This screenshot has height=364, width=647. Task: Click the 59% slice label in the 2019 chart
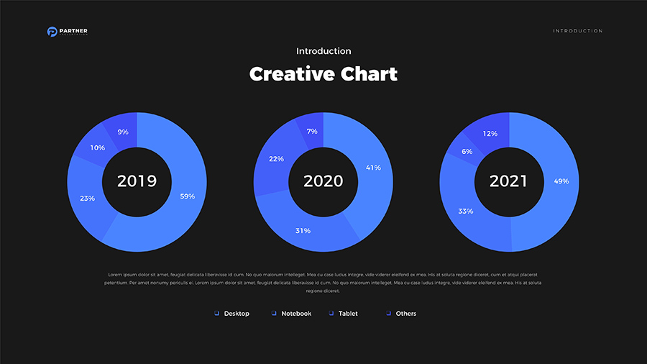coord(187,196)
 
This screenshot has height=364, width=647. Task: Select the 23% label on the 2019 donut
coord(88,198)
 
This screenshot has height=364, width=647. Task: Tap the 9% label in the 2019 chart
coord(123,132)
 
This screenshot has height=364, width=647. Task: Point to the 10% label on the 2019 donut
coord(97,147)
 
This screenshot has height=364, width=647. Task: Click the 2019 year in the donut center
coord(137,181)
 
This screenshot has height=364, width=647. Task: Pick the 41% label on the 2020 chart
coord(373,168)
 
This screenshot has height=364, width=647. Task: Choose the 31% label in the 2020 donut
coord(303,231)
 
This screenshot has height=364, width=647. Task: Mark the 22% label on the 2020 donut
coord(276,158)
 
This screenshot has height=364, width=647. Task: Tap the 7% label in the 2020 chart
coord(312,132)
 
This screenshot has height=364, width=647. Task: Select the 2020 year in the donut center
coord(323,181)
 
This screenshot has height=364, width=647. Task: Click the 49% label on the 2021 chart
coord(561,181)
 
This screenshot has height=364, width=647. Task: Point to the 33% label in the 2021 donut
coord(465,211)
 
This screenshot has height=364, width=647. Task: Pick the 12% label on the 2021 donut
coord(490,134)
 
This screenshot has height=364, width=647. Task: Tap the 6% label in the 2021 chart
coord(467,152)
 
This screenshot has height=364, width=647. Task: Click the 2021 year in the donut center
coord(509,181)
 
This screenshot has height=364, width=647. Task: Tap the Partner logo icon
coord(52,32)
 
